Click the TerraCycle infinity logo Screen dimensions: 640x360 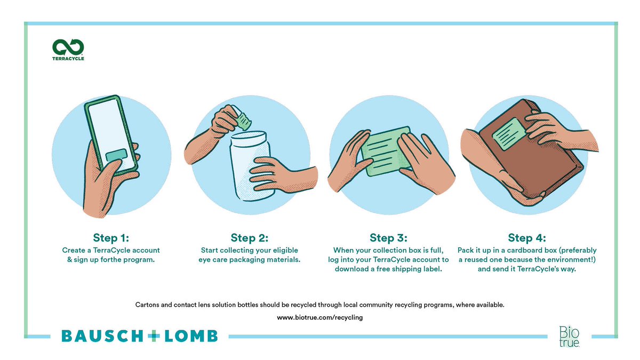pos(68,47)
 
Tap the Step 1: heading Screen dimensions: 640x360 pos(111,238)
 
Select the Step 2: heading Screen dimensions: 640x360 pos(250,238)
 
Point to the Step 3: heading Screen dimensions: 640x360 pos(388,238)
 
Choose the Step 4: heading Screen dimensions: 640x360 pos(527,238)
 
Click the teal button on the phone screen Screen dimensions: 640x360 pos(116,155)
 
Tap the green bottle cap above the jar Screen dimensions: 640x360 pos(243,121)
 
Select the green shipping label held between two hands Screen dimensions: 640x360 pos(386,150)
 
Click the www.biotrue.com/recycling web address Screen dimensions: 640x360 pos(319,317)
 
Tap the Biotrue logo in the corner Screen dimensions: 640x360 pos(569,337)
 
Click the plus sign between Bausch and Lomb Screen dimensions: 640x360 pos(154,336)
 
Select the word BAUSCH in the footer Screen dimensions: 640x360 pos(102,336)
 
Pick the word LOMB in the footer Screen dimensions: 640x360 pos(191,336)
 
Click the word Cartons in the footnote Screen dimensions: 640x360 pos(147,305)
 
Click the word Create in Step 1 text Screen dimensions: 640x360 pos(74,250)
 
